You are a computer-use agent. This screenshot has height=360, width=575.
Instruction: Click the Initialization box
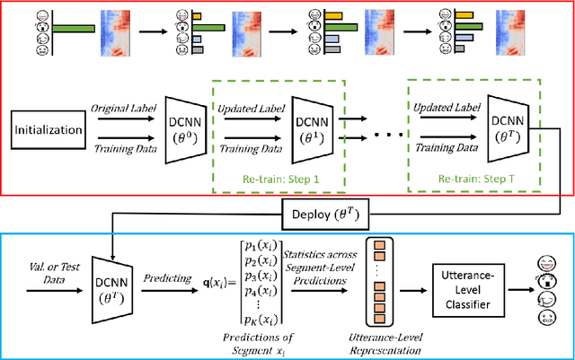tap(47, 131)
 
